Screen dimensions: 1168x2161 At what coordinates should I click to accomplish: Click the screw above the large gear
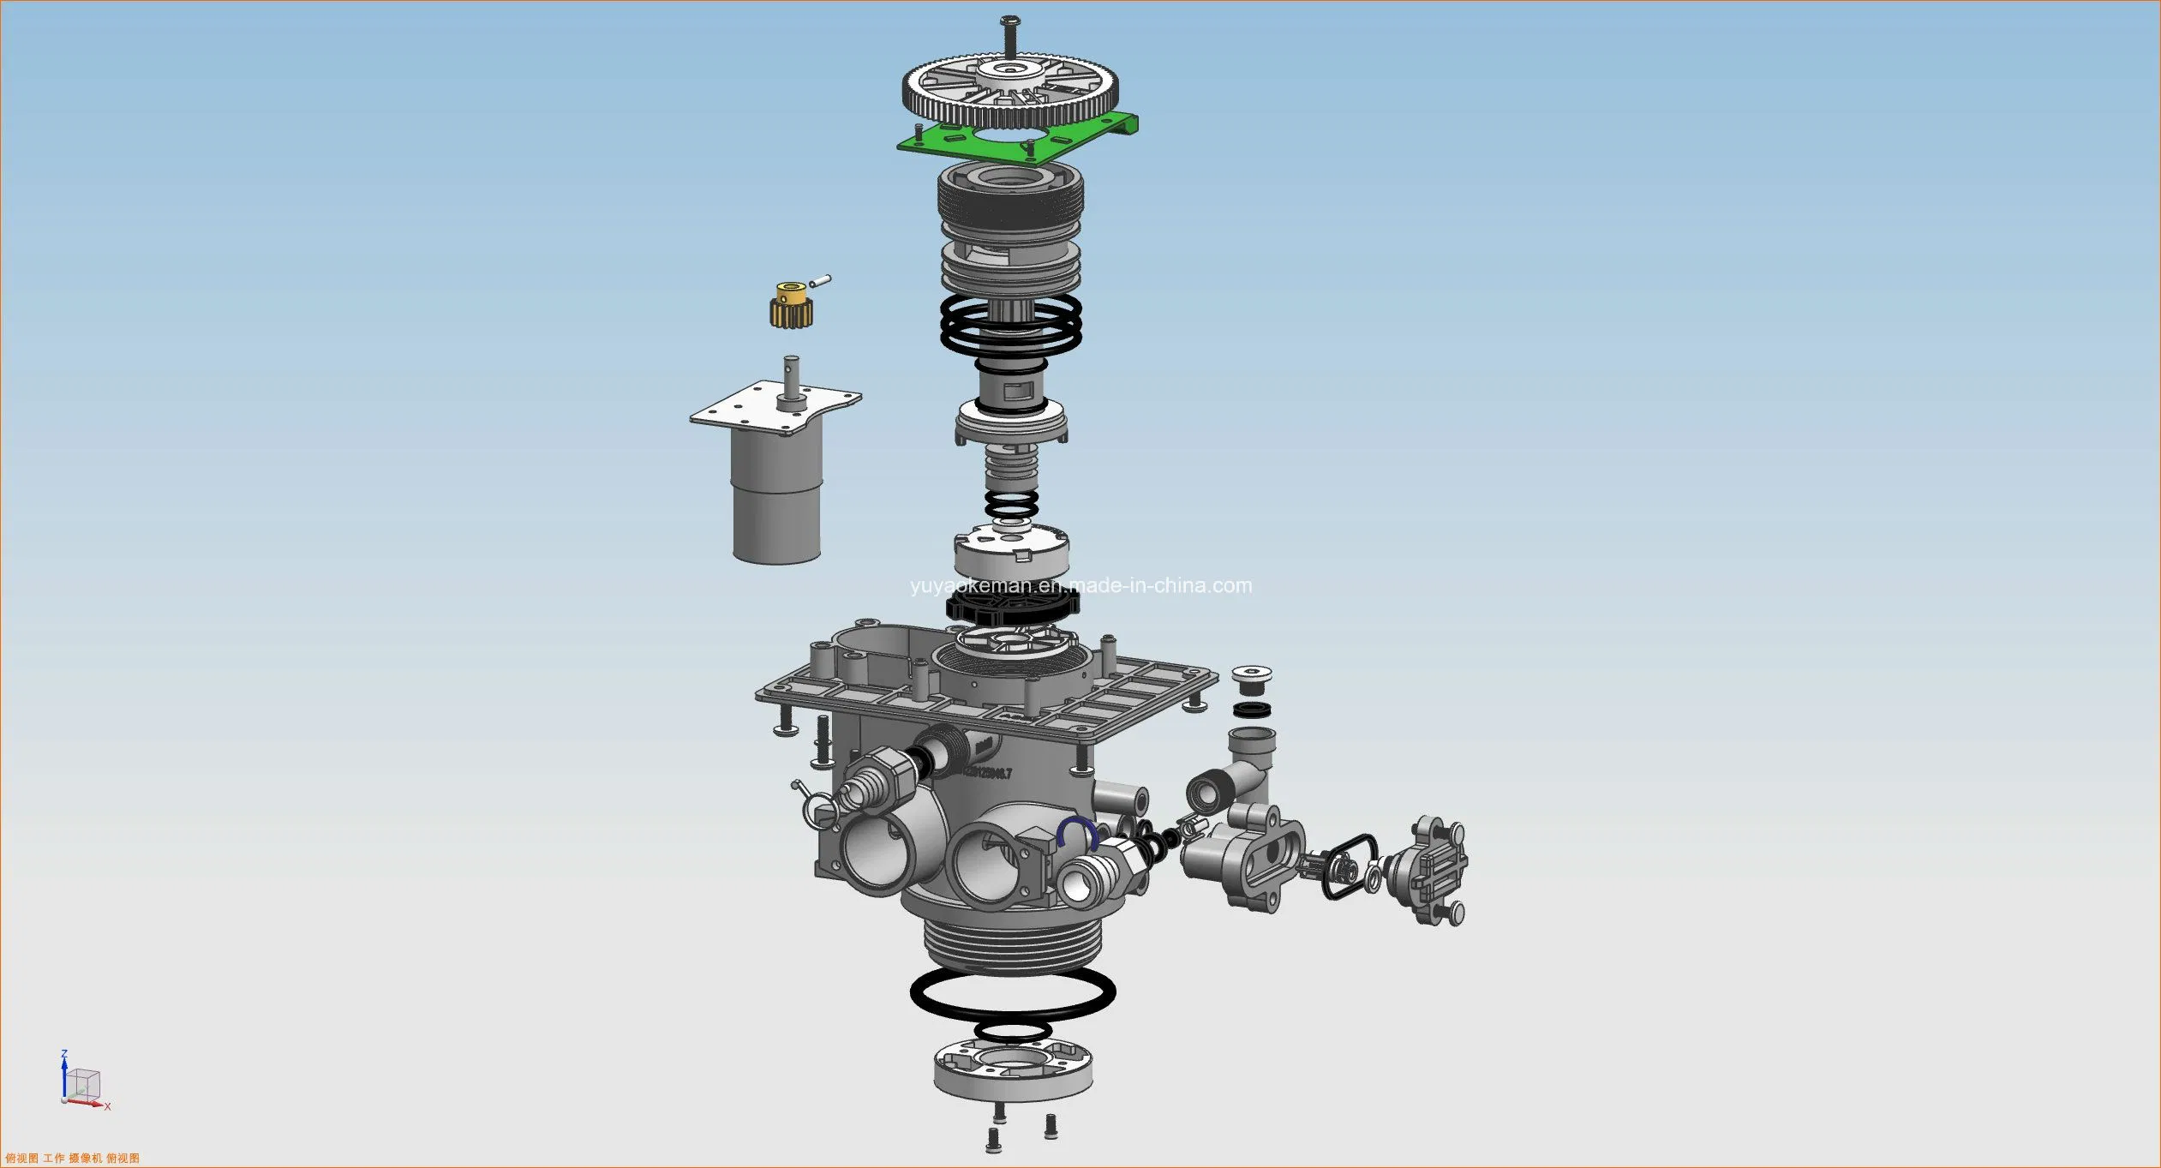[x=1011, y=34]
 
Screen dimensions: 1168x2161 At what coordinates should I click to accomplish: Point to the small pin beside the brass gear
[x=820, y=280]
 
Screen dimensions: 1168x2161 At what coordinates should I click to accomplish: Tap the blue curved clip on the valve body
[x=1077, y=830]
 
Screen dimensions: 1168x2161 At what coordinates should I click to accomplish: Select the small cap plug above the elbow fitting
[x=1251, y=680]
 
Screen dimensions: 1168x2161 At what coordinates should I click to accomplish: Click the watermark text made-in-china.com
[x=1081, y=586]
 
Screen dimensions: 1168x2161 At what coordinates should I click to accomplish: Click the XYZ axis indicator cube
[x=83, y=1085]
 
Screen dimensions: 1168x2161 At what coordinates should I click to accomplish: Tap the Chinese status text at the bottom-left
[x=73, y=1159]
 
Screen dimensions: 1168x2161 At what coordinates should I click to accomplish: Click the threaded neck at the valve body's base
[x=1012, y=943]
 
